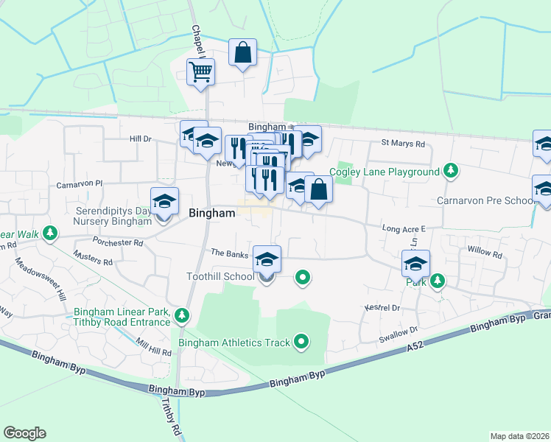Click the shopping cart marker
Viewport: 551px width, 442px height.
(x=200, y=72)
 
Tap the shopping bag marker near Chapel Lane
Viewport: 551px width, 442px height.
(x=242, y=53)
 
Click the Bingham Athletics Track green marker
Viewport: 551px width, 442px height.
(x=301, y=342)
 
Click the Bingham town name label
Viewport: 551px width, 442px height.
(x=212, y=214)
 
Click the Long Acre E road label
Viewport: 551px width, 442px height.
(x=404, y=228)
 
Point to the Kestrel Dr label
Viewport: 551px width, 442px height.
(x=381, y=307)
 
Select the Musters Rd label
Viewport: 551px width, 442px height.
(x=93, y=258)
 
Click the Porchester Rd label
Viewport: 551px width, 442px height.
(x=118, y=242)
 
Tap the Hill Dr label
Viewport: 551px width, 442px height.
(x=140, y=138)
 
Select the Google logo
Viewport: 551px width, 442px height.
(x=25, y=433)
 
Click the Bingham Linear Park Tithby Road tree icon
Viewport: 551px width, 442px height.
(x=182, y=316)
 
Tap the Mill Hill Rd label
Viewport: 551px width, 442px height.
(x=153, y=348)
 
